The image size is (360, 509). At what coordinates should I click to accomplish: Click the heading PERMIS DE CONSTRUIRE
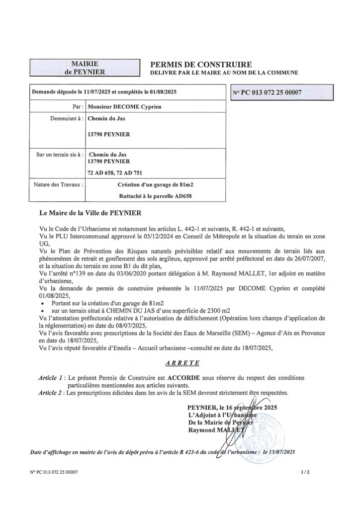coord(197,64)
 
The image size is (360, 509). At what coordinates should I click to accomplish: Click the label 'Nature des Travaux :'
coord(59,184)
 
